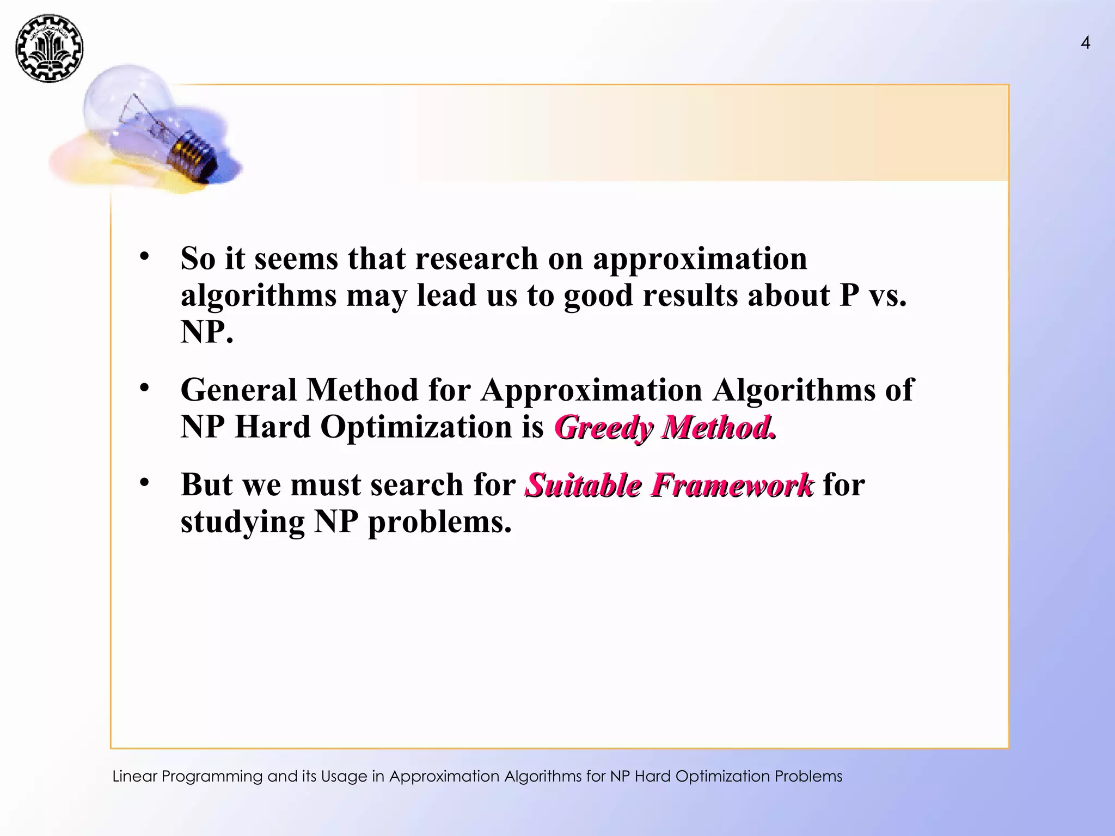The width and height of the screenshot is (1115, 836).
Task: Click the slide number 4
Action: (1085, 42)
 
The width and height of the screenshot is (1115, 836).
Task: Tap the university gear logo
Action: (50, 48)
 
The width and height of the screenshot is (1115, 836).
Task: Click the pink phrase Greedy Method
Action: (665, 427)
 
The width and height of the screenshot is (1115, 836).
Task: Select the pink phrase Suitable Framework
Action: (669, 485)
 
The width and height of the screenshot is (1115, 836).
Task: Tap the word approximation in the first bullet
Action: (700, 259)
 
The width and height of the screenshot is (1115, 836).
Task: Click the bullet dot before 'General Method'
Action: (144, 388)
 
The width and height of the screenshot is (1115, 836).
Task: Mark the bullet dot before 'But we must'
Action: (144, 482)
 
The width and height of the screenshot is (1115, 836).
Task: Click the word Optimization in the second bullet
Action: (416, 427)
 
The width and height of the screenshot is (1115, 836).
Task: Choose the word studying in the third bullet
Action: (242, 522)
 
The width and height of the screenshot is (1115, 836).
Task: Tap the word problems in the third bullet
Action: (440, 522)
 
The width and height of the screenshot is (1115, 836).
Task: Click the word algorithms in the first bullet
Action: (259, 297)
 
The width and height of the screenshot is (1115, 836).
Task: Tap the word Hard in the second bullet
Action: (272, 427)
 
